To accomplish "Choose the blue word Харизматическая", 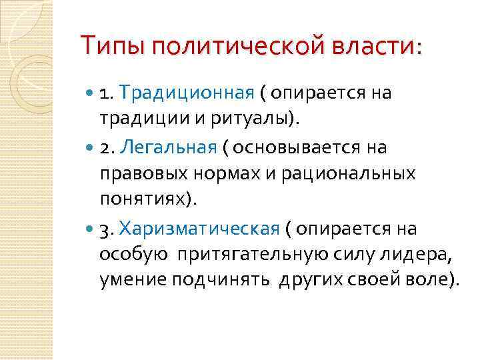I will (x=199, y=229).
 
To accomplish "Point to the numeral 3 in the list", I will (x=105, y=229).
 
